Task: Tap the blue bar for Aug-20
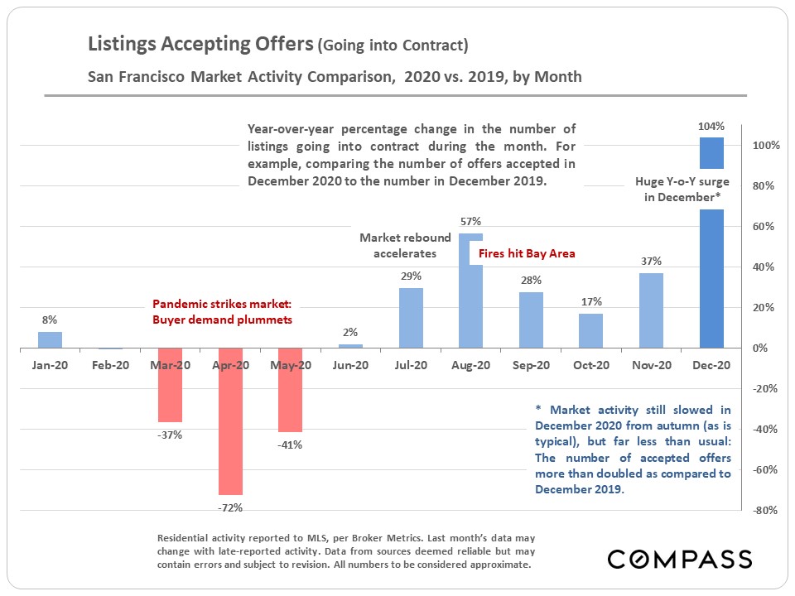[470, 306]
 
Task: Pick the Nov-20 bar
[652, 310]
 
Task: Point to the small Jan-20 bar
[51, 340]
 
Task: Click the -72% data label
[231, 507]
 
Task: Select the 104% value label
[711, 127]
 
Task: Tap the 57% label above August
[470, 221]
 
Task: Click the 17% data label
[591, 301]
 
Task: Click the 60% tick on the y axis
[764, 227]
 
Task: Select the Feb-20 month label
[110, 365]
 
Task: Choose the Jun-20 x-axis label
[351, 365]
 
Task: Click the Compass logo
[679, 559]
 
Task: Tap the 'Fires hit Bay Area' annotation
[527, 253]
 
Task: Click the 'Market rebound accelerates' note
[405, 246]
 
